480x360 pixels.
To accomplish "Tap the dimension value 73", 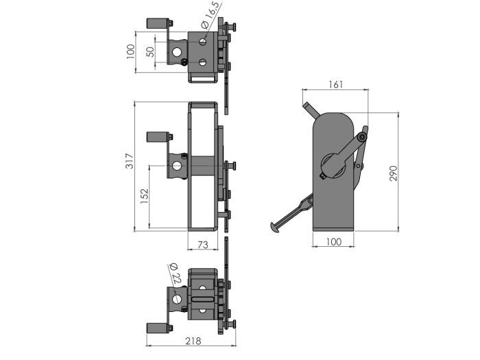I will [203, 244].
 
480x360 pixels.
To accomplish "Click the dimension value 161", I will [335, 84].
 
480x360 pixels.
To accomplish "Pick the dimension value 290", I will [393, 173].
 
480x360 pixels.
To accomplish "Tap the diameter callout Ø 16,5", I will [210, 16].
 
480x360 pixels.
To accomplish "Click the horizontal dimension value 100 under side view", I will [333, 242].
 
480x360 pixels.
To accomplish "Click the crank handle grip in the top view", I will [156, 23].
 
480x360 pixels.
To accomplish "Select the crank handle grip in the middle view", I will [156, 137].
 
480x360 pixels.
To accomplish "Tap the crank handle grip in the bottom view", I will [156, 328].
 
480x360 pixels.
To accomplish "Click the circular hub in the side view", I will [333, 165].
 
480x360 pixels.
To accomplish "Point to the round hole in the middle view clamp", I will [178, 165].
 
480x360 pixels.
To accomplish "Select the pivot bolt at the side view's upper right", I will [361, 137].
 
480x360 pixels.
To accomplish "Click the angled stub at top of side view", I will [310, 110].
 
